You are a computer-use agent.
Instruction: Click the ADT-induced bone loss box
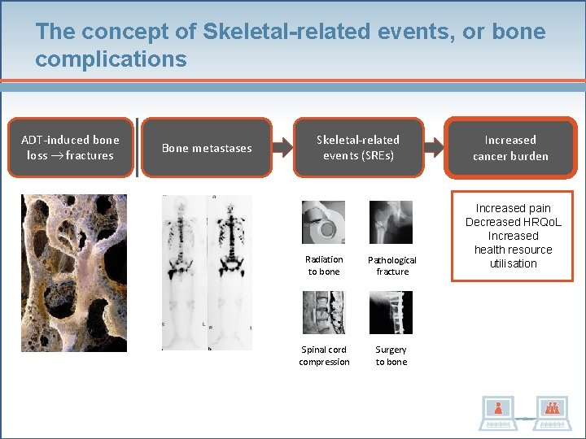[x=70, y=148]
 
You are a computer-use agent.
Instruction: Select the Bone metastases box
[x=207, y=148]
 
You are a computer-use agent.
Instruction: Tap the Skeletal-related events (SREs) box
[x=358, y=148]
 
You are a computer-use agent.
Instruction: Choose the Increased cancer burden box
[x=510, y=148]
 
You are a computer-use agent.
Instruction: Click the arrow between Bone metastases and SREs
[x=276, y=148]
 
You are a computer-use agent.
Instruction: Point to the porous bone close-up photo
[x=73, y=272]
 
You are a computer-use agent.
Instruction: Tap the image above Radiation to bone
[x=323, y=222]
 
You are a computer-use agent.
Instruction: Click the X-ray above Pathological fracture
[x=391, y=222]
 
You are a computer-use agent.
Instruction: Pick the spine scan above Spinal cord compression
[x=323, y=313]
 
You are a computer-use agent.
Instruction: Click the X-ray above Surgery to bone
[x=391, y=313]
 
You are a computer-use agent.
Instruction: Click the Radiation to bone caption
[x=324, y=265]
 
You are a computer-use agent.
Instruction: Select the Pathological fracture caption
[x=391, y=266]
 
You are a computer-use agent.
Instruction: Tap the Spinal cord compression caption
[x=324, y=356]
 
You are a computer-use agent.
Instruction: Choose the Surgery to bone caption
[x=391, y=356]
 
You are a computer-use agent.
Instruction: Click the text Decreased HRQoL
[x=513, y=222]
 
